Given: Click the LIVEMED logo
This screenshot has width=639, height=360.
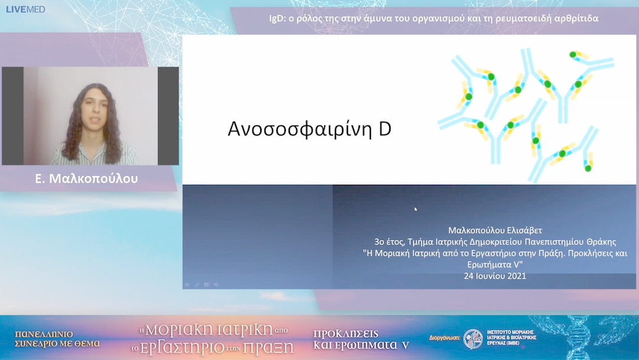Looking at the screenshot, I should (x=25, y=9).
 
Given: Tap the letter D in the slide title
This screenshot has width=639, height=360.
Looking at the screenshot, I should (x=385, y=130).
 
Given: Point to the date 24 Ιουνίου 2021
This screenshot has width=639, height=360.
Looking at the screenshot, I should (x=495, y=276).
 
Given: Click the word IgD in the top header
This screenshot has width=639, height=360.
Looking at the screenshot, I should (x=276, y=18).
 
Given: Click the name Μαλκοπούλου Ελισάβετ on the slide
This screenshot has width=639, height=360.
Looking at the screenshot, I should (x=495, y=230).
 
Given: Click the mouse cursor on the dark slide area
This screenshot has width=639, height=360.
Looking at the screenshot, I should (x=415, y=208).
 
